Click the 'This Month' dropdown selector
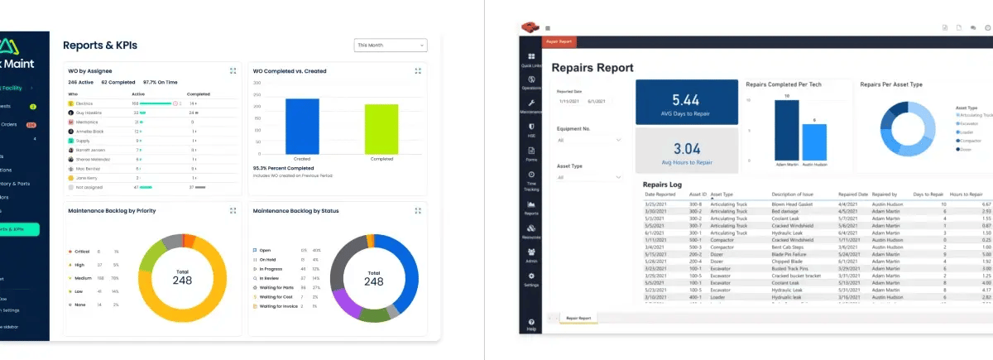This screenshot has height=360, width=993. point(390,46)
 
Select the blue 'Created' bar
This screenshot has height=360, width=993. point(302,126)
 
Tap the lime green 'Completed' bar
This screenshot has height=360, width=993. point(381,128)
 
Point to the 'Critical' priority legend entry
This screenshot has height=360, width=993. point(81,252)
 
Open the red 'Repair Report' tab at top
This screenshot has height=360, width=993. point(559,41)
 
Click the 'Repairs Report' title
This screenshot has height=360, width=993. point(592,68)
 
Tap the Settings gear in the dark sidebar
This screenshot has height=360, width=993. point(531,279)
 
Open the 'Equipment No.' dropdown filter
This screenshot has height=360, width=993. point(589,141)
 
